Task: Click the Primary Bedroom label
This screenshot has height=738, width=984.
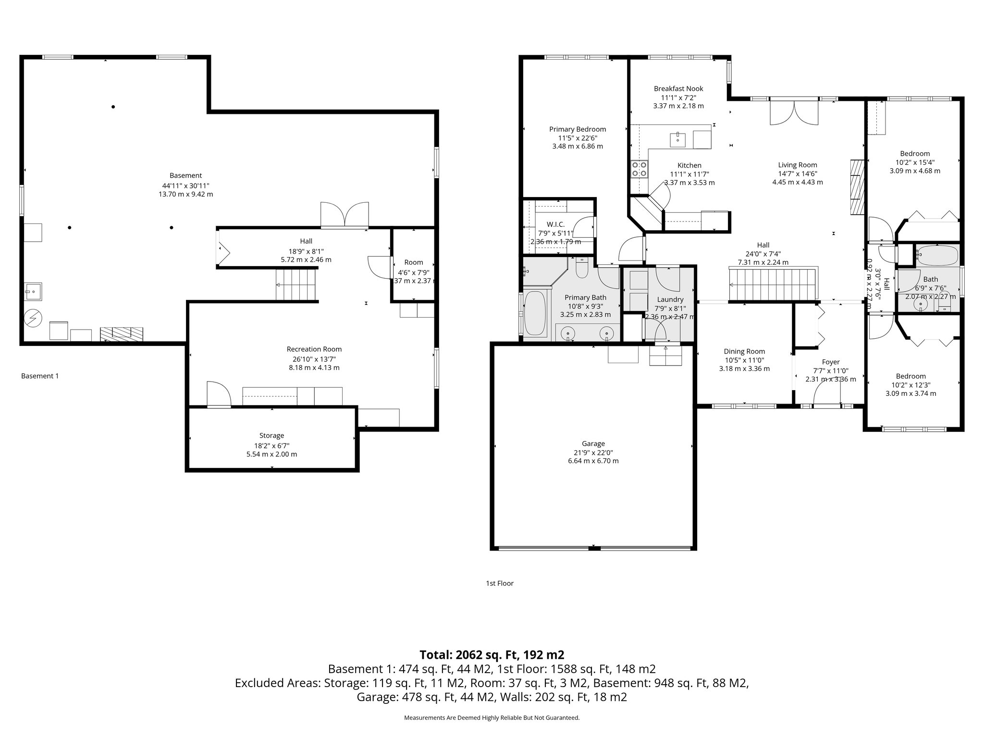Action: pos(577,129)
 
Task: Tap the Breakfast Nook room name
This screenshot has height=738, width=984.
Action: pos(678,88)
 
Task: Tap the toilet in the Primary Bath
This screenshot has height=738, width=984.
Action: pos(581,268)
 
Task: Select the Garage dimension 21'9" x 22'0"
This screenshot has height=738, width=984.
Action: pos(593,452)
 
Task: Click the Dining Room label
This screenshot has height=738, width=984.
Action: pos(744,351)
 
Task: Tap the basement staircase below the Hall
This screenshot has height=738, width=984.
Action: pos(297,284)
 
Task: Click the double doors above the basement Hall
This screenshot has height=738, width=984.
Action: pos(345,214)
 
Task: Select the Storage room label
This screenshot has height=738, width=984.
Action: pos(271,435)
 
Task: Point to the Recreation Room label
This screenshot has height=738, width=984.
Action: pos(314,349)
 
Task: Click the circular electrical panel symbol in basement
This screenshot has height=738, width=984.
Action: pos(34,318)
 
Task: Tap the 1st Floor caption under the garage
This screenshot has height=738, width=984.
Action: pos(499,583)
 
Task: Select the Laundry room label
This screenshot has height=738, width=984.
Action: pos(670,299)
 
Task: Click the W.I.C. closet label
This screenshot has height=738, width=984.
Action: pos(555,224)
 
